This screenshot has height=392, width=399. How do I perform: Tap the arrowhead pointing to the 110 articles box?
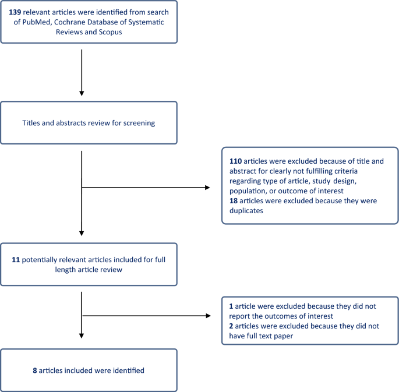[207, 188]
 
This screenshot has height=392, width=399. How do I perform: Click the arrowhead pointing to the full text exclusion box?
[207, 316]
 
